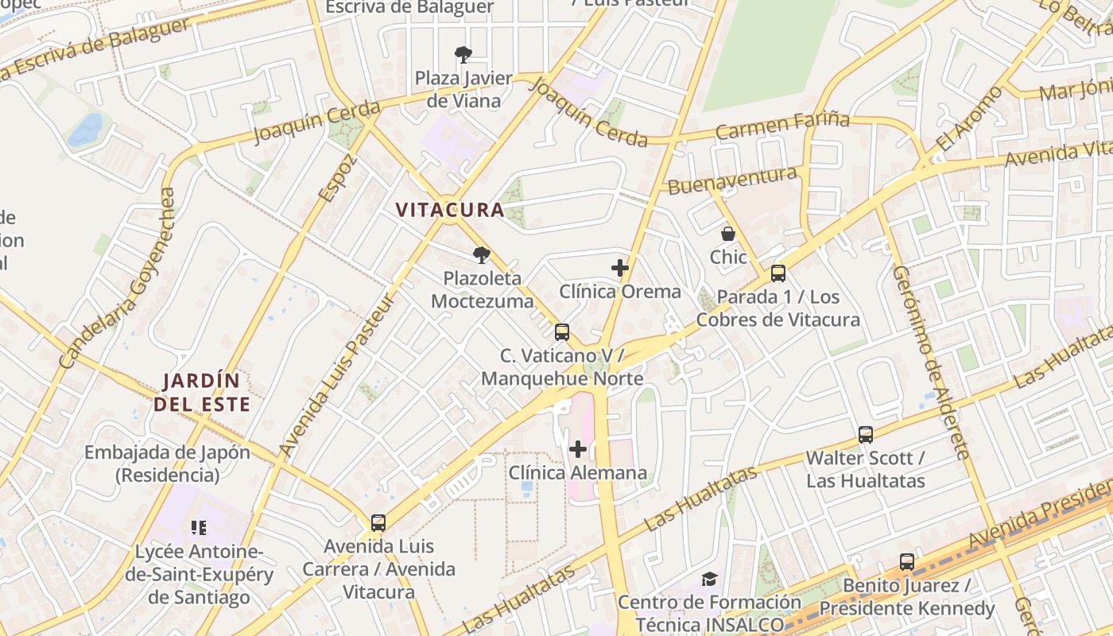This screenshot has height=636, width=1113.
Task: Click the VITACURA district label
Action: coord(450,210)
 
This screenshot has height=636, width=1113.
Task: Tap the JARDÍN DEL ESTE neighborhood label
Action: coord(202,392)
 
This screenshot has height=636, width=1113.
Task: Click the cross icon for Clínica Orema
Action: coord(620,268)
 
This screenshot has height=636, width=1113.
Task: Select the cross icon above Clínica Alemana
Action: coord(578,449)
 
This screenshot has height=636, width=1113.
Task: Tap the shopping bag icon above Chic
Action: coord(727,234)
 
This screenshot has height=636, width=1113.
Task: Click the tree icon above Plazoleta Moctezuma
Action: coord(481,254)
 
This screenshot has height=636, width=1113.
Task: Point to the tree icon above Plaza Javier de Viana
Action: coord(463,54)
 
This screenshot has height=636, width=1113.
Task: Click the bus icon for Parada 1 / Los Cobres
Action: coord(778,273)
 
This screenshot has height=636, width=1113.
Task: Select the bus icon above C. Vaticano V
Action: coord(562,332)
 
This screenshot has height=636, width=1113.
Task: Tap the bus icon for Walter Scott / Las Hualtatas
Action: coord(866,435)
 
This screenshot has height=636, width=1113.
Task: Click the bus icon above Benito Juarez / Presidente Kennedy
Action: coord(907,562)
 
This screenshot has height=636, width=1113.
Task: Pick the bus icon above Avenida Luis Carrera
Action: coord(378,523)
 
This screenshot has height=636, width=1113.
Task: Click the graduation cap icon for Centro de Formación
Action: coord(709,579)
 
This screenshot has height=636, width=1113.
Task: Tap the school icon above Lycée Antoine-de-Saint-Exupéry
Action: coord(199,527)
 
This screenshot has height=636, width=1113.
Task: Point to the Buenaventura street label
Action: coord(732,180)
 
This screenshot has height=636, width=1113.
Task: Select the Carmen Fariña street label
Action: coord(782,125)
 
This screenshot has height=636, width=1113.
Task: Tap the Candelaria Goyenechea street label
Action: coord(116,278)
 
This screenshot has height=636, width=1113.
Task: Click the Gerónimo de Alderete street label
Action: coord(931,362)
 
